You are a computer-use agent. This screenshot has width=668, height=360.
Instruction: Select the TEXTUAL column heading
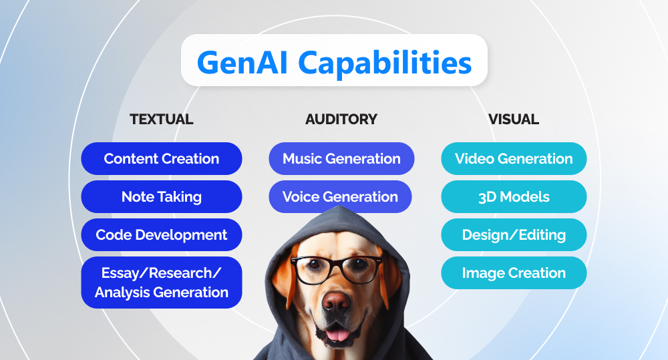tap(162, 120)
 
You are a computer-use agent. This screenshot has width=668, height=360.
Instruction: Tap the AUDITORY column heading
tap(341, 120)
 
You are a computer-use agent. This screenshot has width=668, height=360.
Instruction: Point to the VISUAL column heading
tap(514, 120)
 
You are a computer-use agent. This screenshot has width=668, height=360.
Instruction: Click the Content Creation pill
tap(162, 159)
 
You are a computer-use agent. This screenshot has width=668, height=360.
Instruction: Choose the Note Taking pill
tap(162, 197)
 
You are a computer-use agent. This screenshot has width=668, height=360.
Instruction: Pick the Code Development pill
tap(162, 235)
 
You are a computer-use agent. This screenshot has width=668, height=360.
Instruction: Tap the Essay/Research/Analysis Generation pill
tap(162, 283)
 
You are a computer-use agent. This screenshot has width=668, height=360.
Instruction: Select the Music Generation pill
tap(341, 159)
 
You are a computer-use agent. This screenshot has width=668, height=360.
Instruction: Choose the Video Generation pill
tap(514, 159)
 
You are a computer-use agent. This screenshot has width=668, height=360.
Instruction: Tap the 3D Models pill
tap(514, 197)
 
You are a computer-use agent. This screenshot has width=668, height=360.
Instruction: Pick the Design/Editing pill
tap(514, 235)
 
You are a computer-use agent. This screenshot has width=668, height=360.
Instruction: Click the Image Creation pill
tap(514, 273)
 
